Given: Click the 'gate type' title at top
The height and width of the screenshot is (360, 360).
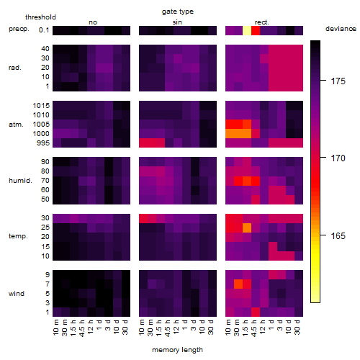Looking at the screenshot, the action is pyautogui.click(x=178, y=12).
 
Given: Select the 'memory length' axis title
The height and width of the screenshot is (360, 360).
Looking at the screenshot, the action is pyautogui.click(x=178, y=350).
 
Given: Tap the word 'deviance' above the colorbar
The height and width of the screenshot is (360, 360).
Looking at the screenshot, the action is pyautogui.click(x=341, y=29).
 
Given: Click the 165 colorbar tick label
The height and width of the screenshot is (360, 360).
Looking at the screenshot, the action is pyautogui.click(x=338, y=236).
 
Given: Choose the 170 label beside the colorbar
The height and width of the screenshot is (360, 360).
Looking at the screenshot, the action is pyautogui.click(x=338, y=158).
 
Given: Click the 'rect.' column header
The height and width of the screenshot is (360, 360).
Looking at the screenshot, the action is pyautogui.click(x=262, y=22).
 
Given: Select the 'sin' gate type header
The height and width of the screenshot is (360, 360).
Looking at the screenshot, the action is pyautogui.click(x=177, y=22).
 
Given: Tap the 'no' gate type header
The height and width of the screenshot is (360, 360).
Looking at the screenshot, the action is pyautogui.click(x=93, y=22).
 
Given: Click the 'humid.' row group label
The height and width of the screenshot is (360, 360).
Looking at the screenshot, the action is pyautogui.click(x=20, y=181).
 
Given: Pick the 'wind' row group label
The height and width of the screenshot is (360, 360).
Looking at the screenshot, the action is pyautogui.click(x=17, y=294).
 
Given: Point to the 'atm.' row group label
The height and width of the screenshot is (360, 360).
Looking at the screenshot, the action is pyautogui.click(x=16, y=125).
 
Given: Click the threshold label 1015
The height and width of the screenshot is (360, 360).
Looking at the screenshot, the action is pyautogui.click(x=41, y=106).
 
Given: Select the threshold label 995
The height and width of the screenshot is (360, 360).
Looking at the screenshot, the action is pyautogui.click(x=43, y=143).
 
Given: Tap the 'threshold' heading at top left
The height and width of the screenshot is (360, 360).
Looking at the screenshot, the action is pyautogui.click(x=40, y=17).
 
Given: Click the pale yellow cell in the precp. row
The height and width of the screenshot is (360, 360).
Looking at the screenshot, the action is pyautogui.click(x=247, y=30).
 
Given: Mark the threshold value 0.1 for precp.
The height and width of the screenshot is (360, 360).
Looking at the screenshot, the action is pyautogui.click(x=44, y=30).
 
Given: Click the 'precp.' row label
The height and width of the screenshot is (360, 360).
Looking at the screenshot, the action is pyautogui.click(x=19, y=29).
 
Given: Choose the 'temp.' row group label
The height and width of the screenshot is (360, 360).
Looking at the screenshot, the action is pyautogui.click(x=18, y=236).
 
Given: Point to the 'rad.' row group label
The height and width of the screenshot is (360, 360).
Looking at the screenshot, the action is pyautogui.click(x=15, y=68).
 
